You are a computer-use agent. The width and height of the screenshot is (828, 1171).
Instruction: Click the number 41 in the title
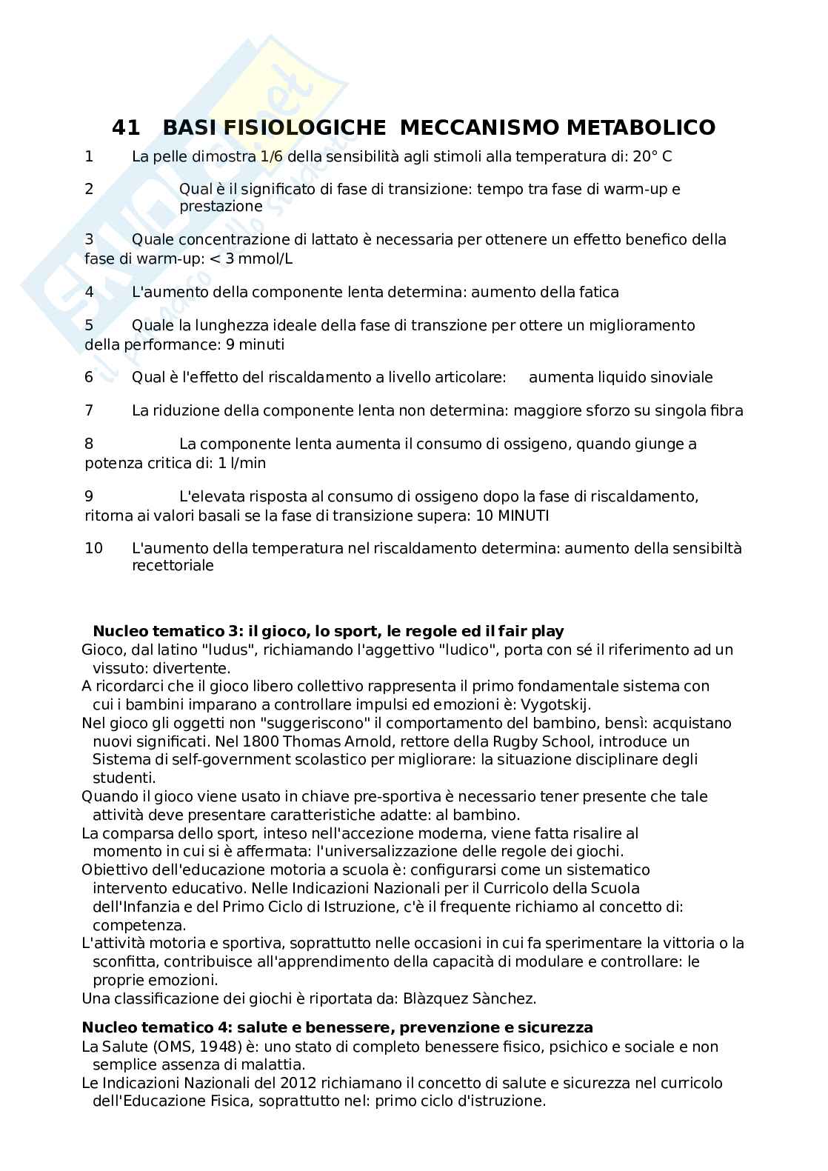pyautogui.click(x=125, y=128)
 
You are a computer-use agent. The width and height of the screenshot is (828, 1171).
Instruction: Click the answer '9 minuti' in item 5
pyautogui.click(x=257, y=344)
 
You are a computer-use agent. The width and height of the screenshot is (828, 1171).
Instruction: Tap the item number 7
pyautogui.click(x=90, y=410)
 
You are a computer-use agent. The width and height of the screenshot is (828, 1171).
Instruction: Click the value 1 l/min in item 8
pyautogui.click(x=242, y=463)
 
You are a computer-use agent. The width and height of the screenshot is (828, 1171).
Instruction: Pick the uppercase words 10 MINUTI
pyautogui.click(x=513, y=516)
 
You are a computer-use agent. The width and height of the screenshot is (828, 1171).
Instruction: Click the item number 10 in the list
pyautogui.click(x=94, y=549)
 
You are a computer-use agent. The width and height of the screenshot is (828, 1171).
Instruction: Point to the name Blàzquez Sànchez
pyautogui.click(x=470, y=998)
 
